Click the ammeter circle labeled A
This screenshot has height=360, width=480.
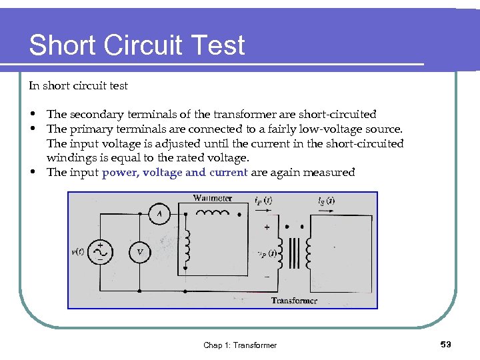coord(159,213)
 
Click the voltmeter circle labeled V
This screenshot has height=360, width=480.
coord(139,251)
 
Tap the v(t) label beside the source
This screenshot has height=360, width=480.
coord(77,251)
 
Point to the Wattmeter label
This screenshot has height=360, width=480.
coord(213,198)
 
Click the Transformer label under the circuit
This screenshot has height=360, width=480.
coord(294,301)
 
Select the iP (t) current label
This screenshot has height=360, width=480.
coord(262,199)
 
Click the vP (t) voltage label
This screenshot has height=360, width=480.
coord(266,253)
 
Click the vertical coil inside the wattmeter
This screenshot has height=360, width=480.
coord(188,244)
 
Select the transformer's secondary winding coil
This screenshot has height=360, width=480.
coord(309,253)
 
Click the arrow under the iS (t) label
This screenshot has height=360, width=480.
coord(327,209)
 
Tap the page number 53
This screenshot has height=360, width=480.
coord(446,344)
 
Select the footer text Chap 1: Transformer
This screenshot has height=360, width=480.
coord(240,345)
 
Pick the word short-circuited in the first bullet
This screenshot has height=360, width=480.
coord(338,114)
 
